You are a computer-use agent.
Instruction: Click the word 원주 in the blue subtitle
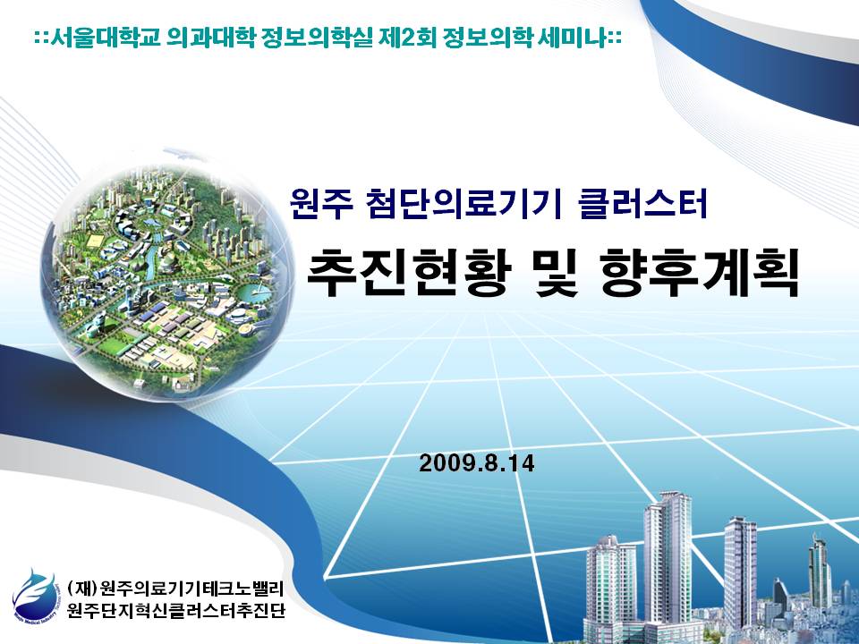[x=321, y=203]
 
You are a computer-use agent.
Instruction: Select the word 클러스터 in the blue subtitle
[x=642, y=203]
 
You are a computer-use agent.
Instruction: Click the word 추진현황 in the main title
[x=408, y=273]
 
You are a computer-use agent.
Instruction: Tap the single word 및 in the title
[x=556, y=273]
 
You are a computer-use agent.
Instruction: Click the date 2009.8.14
[x=477, y=463]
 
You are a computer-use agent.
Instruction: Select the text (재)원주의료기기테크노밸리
[x=174, y=589]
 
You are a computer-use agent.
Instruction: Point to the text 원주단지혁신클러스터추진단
[x=176, y=609]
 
